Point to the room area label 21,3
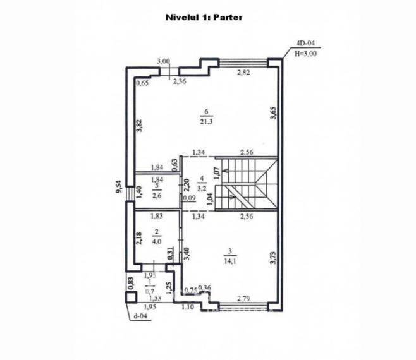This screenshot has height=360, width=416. [x=205, y=121]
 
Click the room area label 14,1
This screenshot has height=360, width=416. [x=227, y=257]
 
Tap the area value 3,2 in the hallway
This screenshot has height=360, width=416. [x=202, y=188]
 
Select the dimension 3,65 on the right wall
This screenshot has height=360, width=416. [x=273, y=113]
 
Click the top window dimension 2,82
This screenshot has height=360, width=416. [x=243, y=74]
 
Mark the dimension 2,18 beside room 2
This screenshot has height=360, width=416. [x=140, y=239]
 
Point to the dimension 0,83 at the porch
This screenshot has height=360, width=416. [x=131, y=284]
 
